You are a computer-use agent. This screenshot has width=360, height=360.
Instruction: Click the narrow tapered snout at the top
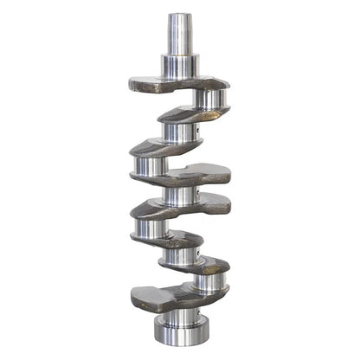click(x=180, y=35)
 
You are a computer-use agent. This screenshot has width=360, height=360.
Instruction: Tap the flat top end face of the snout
click(x=180, y=15)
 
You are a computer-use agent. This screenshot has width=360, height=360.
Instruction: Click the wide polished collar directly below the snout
click(x=179, y=66)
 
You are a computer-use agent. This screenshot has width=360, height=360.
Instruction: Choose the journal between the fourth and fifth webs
click(x=180, y=193)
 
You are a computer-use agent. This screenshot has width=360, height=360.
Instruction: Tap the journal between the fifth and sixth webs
click(x=149, y=227)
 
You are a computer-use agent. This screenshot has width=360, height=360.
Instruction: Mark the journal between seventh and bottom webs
click(x=208, y=282)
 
